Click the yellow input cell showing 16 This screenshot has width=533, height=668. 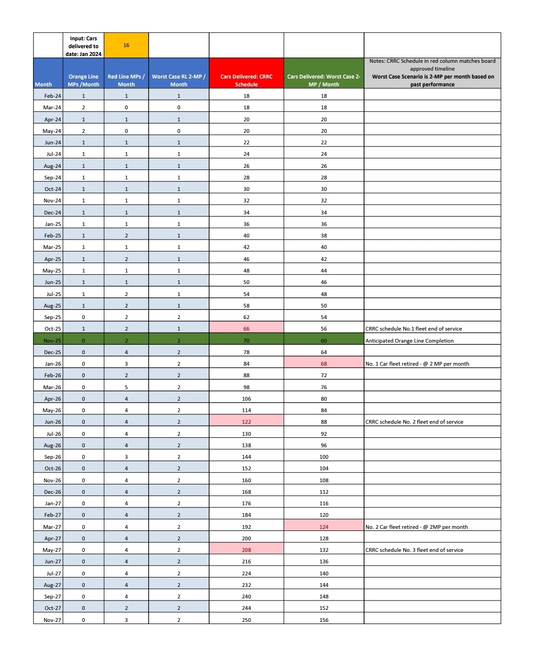(x=126, y=46)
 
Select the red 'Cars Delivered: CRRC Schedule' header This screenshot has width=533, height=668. (x=246, y=80)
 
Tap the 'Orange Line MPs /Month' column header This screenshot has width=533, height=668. (x=83, y=80)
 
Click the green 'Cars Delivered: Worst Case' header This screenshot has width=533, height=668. (x=324, y=80)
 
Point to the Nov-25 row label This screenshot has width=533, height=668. (x=52, y=341)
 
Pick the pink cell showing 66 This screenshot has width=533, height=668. (x=246, y=329)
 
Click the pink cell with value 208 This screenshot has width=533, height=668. (x=246, y=550)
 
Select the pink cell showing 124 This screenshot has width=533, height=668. (x=324, y=527)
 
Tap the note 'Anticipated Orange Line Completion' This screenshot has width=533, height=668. (x=410, y=341)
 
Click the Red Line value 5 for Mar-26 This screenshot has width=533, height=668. (x=126, y=387)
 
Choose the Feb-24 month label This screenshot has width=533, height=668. (x=52, y=96)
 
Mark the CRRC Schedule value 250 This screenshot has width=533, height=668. (x=246, y=620)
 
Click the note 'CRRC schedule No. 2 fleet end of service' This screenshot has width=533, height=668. (x=414, y=422)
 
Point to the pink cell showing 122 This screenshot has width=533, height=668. (x=246, y=422)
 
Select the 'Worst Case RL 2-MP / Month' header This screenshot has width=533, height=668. (x=178, y=80)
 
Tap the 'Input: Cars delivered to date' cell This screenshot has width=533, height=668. (x=84, y=46)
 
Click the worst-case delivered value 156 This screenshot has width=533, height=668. (x=324, y=620)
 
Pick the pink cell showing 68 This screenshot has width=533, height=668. (x=324, y=364)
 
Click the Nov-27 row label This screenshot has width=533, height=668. (x=52, y=620)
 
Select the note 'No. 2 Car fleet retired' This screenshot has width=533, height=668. (x=416, y=527)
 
